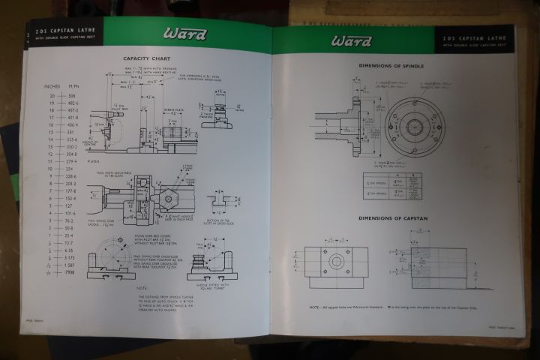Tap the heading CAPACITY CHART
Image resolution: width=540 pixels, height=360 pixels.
click(x=148, y=58)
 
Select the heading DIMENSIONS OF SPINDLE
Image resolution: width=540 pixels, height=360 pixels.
click(x=391, y=66)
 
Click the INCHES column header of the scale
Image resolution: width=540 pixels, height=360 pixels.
click(x=52, y=85)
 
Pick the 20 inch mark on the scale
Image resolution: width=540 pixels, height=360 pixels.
click(x=52, y=97)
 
